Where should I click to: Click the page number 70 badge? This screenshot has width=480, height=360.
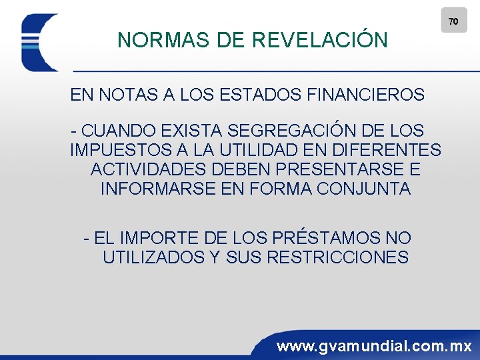(453, 21)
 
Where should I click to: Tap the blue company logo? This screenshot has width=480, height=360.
(40, 43)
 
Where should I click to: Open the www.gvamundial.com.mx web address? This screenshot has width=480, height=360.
(374, 347)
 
